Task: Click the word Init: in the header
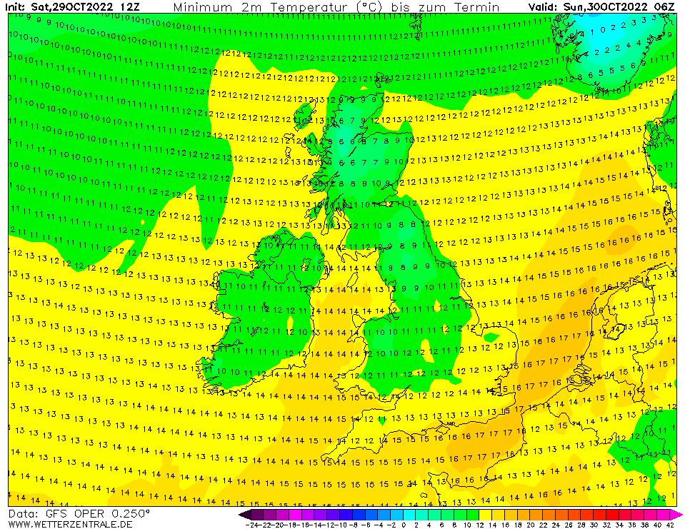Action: point(16,7)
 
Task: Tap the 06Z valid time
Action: point(665,7)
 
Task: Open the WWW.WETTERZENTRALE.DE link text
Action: point(70,524)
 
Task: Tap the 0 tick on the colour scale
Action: point(404,524)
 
